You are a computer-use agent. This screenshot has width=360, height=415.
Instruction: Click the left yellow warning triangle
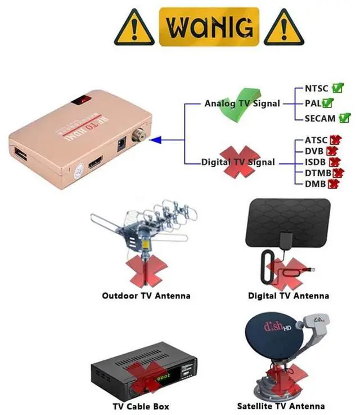click(134, 28)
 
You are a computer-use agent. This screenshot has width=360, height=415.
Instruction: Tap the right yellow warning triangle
click(284, 28)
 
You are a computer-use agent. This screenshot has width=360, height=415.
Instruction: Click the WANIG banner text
click(209, 26)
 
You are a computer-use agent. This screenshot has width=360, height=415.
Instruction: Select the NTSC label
click(316, 88)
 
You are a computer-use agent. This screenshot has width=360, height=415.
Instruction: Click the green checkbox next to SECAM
click(344, 118)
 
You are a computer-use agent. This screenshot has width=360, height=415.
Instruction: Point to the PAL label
click(313, 104)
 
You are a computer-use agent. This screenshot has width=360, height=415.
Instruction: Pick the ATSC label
click(316, 140)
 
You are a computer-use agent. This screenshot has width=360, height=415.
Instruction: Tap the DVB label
click(314, 151)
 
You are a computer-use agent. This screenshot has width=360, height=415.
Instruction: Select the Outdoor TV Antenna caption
click(146, 296)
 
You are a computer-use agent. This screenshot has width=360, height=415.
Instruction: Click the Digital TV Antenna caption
click(289, 296)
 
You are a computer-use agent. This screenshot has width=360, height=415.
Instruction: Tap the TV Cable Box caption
click(141, 406)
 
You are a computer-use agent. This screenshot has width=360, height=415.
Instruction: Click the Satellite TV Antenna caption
click(281, 406)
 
